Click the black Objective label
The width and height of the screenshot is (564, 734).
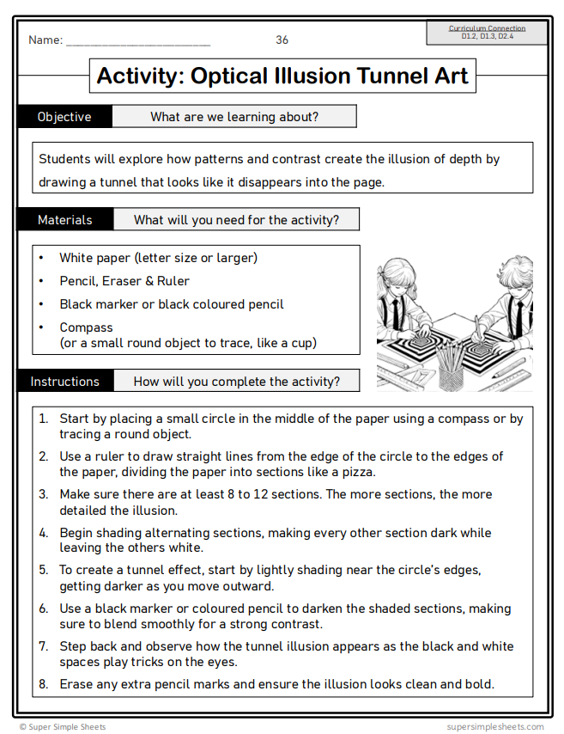[x=64, y=117]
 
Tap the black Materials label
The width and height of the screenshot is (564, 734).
[x=64, y=220]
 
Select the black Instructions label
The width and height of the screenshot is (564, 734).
[x=64, y=382]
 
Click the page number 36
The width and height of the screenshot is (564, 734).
[x=282, y=40]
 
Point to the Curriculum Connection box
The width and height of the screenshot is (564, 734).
[x=487, y=32]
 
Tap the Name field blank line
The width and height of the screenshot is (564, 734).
[x=137, y=42]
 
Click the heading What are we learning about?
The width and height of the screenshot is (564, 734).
[x=234, y=117]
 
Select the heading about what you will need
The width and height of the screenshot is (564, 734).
[x=236, y=220]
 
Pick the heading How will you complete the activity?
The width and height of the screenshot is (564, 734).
[x=236, y=382]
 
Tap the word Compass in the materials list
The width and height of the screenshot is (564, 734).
[x=86, y=327]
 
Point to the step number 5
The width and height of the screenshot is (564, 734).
[x=43, y=569]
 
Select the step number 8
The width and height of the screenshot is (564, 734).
[x=43, y=684]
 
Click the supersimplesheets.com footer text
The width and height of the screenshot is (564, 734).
[x=495, y=727]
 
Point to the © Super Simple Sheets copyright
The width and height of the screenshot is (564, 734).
[x=63, y=727]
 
